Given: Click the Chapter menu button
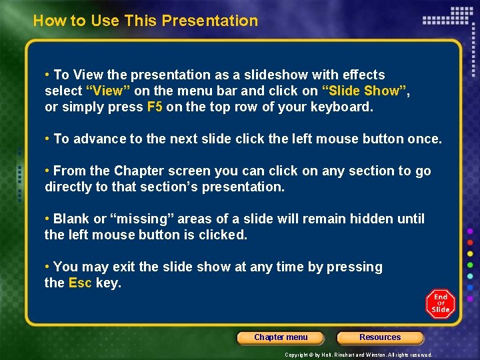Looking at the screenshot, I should [281, 337].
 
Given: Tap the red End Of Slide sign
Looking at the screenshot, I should [440, 304].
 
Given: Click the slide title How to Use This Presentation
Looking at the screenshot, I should [145, 21].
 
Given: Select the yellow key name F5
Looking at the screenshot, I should [155, 107].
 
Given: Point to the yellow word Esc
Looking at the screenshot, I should [80, 283].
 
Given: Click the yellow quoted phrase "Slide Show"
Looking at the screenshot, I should [364, 91].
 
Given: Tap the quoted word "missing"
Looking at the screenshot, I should [141, 219].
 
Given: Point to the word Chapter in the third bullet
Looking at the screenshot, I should [139, 171].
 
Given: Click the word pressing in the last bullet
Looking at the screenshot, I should [357, 267].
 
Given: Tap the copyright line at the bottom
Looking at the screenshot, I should [359, 355].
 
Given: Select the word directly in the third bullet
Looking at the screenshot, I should [68, 187].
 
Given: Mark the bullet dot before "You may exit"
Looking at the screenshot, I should [47, 267].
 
